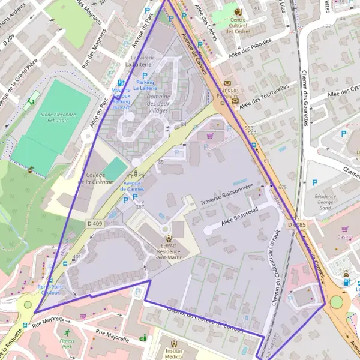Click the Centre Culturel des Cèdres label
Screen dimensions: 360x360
pyautogui.click(x=238, y=25)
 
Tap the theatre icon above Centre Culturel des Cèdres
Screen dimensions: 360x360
pyautogui.click(x=238, y=12)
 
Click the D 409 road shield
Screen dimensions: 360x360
pyautogui.click(x=95, y=224)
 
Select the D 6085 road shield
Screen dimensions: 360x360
pyautogui.click(x=296, y=225)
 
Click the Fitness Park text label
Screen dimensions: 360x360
pyautogui.click(x=67, y=344)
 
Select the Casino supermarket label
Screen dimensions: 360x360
pyautogui.click(x=344, y=237)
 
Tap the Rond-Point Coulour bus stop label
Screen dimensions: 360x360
pyautogui.click(x=49, y=290)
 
